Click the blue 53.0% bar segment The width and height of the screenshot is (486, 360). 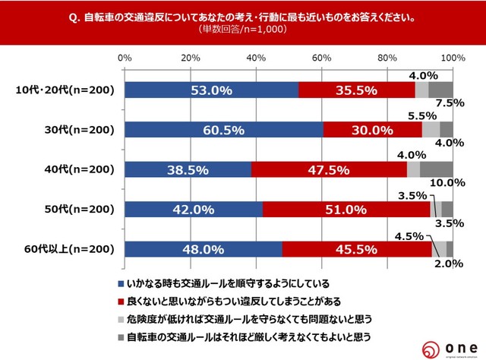point(212,90)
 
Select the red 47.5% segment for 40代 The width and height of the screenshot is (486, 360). point(329,169)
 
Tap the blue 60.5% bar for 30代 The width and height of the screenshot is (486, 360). point(224,129)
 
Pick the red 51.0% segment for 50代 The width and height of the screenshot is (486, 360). point(346,209)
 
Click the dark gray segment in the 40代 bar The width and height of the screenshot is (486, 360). point(437,169)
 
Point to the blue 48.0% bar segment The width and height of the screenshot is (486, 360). point(204,248)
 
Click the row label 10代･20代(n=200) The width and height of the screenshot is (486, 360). point(65,90)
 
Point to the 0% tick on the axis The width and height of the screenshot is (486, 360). point(125,58)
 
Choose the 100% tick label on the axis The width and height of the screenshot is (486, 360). point(452,58)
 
